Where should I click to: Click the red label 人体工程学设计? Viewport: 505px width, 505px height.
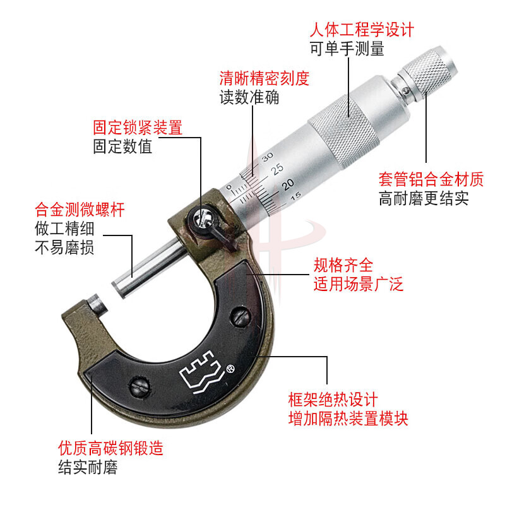coord(362,30)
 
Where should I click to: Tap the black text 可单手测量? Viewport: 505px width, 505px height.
coord(347,49)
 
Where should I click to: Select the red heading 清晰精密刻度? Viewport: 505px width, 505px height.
coord(264,78)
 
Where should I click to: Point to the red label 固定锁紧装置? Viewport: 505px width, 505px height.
coord(138,128)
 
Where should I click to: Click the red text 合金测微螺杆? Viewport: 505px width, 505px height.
coord(80,210)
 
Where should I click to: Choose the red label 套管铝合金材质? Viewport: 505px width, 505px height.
coord(431,179)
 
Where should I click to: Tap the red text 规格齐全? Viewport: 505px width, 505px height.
coord(343,265)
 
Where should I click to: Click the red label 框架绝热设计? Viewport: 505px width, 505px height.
coord(333,400)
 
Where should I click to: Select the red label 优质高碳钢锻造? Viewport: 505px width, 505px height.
coord(111,448)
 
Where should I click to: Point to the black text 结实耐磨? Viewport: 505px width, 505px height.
coord(88,467)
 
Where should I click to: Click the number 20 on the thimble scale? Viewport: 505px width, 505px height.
coord(288,184)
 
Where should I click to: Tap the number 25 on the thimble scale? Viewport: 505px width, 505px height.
coord(277,169)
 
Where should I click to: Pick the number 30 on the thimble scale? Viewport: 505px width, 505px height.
coord(267,157)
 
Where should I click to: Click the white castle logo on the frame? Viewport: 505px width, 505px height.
coord(201,372)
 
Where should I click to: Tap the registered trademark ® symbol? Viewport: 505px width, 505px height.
coord(230,369)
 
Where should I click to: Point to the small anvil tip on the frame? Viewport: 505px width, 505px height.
coord(97,304)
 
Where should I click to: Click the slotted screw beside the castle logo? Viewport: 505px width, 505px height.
coord(139,385)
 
